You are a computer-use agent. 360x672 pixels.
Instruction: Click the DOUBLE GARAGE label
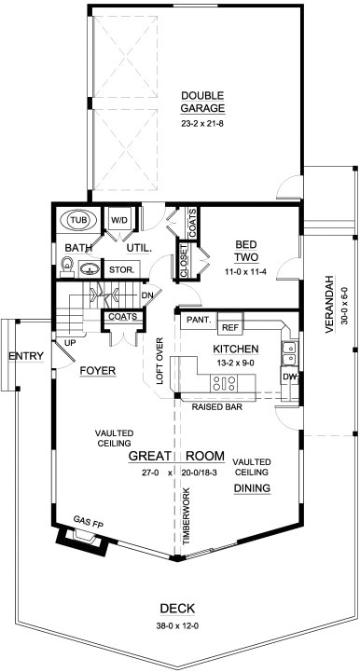202,102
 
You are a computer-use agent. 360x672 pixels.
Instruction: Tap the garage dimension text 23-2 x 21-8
202,124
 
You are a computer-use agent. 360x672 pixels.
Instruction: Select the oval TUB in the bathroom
78,220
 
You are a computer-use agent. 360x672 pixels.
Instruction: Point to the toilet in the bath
67,266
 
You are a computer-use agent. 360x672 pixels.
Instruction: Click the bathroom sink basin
90,268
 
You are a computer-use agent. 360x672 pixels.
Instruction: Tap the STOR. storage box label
122,270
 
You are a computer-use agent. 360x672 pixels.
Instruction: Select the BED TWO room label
246,251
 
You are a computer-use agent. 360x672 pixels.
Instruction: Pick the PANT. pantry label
199,320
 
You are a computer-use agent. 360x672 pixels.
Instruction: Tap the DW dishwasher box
288,377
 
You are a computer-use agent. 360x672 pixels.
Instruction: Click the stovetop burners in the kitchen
224,382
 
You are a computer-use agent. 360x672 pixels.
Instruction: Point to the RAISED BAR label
216,407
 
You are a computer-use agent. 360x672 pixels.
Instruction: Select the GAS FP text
88,522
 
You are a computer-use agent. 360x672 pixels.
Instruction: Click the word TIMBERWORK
186,516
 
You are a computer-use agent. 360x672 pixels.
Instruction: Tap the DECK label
177,609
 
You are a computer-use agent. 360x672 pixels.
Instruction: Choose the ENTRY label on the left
26,356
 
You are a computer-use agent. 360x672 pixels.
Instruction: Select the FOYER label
98,371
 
